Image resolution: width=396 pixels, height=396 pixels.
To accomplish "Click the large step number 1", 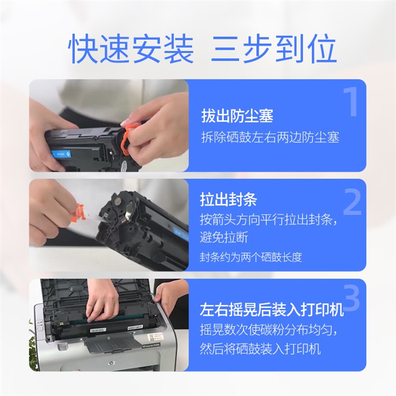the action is point(351,102).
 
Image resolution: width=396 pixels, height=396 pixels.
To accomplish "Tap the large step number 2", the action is point(352,202).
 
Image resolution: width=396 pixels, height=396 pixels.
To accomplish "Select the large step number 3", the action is point(352,298).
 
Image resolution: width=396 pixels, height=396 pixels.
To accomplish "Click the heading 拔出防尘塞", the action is point(237,116).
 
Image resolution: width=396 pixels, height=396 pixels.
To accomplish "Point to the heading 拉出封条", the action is point(229,199).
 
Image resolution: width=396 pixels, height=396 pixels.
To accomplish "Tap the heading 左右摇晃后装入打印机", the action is point(272,309).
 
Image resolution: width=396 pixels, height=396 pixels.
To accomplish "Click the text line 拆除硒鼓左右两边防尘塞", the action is point(270,137).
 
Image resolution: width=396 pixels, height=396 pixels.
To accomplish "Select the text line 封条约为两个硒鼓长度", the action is point(251,257).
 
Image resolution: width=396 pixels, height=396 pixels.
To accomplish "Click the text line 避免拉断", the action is point(224,238).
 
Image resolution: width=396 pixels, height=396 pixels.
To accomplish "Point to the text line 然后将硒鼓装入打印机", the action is point(260,349).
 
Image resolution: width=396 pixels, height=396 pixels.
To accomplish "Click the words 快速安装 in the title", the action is point(131,49).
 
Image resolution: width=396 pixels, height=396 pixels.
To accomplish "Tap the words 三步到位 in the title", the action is point(274,49).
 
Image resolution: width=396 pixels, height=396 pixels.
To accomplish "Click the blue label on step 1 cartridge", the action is point(61,154).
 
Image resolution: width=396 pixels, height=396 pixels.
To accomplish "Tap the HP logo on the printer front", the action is point(111,363).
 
